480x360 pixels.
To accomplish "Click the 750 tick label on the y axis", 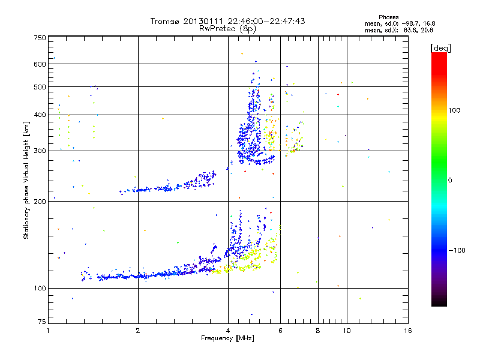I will (39, 38).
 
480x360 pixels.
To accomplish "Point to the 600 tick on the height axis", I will (39, 64).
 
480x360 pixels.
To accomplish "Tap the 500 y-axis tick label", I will (39, 87).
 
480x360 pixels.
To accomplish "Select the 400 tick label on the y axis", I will (39, 115).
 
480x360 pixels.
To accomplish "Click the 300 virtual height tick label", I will (39, 151).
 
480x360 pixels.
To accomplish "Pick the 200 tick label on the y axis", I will (39, 202).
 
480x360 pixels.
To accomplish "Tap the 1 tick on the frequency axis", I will (49, 331).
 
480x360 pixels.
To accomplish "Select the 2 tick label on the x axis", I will (138, 331).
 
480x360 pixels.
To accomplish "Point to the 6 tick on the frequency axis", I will (280, 331).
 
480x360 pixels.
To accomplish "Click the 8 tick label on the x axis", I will (318, 331).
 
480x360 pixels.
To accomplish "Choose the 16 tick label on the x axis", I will (407, 331).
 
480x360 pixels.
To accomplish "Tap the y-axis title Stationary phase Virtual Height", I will (26, 181).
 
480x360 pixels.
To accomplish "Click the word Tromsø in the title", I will (166, 21).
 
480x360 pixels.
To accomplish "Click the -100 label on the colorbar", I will (458, 250).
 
